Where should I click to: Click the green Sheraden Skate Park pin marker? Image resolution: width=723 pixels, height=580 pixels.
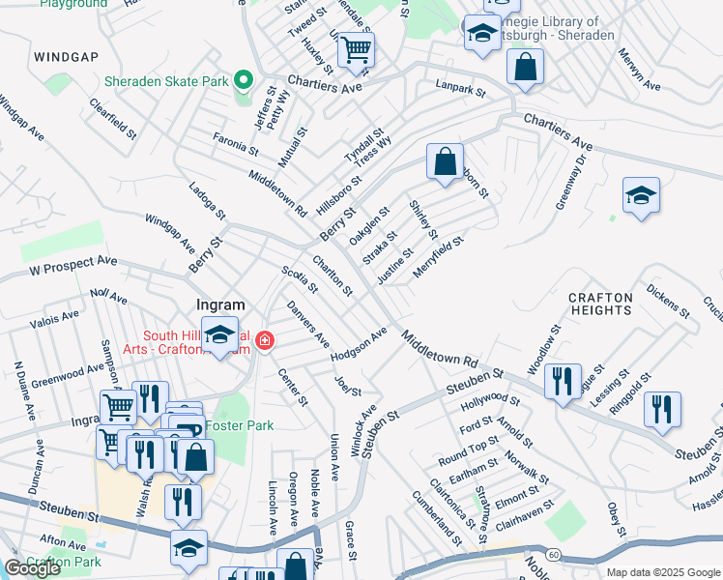click(x=244, y=79)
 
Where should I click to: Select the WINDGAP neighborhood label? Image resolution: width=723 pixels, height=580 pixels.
click(x=66, y=57)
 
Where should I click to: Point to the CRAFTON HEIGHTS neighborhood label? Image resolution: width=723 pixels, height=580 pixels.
click(x=599, y=304)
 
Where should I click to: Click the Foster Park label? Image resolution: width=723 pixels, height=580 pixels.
click(x=245, y=425)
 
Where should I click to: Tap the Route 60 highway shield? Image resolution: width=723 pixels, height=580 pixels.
click(x=552, y=554)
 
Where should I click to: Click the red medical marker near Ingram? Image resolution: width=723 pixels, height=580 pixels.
click(x=264, y=340)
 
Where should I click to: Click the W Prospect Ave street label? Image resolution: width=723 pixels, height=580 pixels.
click(x=72, y=264)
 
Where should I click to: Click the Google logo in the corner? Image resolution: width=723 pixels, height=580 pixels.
click(x=32, y=568)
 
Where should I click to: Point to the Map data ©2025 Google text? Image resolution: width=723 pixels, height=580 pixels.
click(x=662, y=572)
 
